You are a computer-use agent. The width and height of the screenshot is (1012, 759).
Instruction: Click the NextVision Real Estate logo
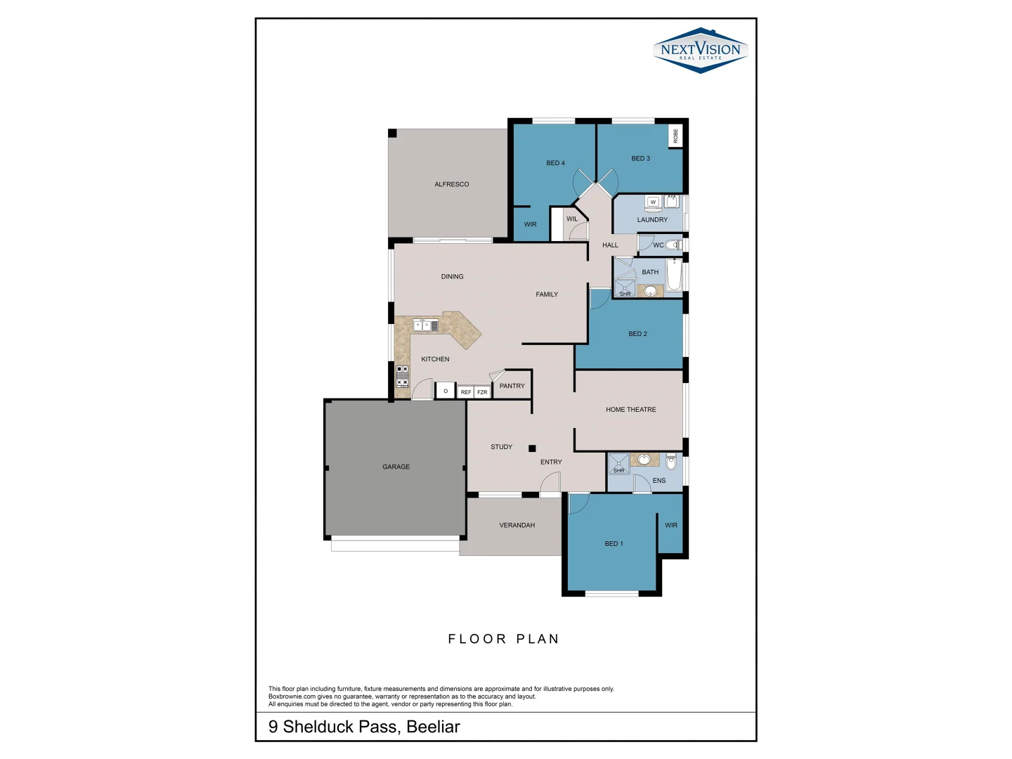(x=700, y=50)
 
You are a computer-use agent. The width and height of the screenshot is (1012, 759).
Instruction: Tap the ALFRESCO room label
(x=451, y=184)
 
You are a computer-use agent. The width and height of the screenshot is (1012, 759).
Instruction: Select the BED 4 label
(x=555, y=163)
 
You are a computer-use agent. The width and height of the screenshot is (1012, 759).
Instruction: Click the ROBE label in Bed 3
(x=675, y=136)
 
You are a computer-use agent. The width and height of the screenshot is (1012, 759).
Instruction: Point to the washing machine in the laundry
(x=653, y=202)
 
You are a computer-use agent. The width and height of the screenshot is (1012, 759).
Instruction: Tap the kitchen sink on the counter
(x=425, y=325)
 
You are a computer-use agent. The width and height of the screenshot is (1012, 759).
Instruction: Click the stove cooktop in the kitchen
(x=402, y=375)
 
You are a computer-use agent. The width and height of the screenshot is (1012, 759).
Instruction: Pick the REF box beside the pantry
(x=466, y=392)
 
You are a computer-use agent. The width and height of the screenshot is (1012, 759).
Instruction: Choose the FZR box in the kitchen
(x=482, y=392)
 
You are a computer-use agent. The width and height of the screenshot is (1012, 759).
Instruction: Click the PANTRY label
(x=512, y=386)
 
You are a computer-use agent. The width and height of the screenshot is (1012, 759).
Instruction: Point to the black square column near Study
(x=532, y=448)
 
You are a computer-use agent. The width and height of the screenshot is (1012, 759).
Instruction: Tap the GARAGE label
(x=396, y=467)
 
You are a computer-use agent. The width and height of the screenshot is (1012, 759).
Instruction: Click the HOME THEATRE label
(x=630, y=410)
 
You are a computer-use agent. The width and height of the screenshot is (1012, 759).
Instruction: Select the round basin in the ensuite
(x=644, y=460)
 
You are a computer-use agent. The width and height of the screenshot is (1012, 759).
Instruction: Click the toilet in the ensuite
(x=671, y=462)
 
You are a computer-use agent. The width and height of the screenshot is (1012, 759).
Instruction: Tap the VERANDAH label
(x=517, y=525)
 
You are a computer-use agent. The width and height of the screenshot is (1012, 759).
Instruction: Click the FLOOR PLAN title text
(x=503, y=639)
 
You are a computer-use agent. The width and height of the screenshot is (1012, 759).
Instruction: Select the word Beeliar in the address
(x=433, y=727)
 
